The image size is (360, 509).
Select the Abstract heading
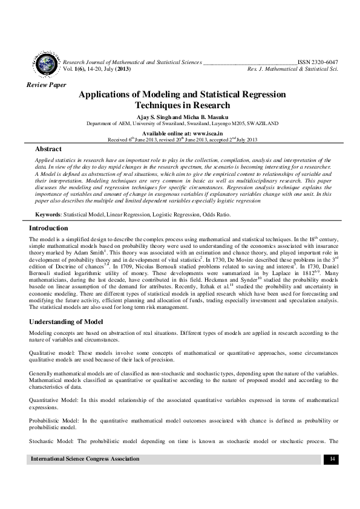click(x=48, y=149)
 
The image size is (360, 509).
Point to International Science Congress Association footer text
click(x=85, y=459)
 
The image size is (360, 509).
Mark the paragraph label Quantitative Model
click(x=52, y=400)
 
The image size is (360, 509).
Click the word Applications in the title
click(x=110, y=95)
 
